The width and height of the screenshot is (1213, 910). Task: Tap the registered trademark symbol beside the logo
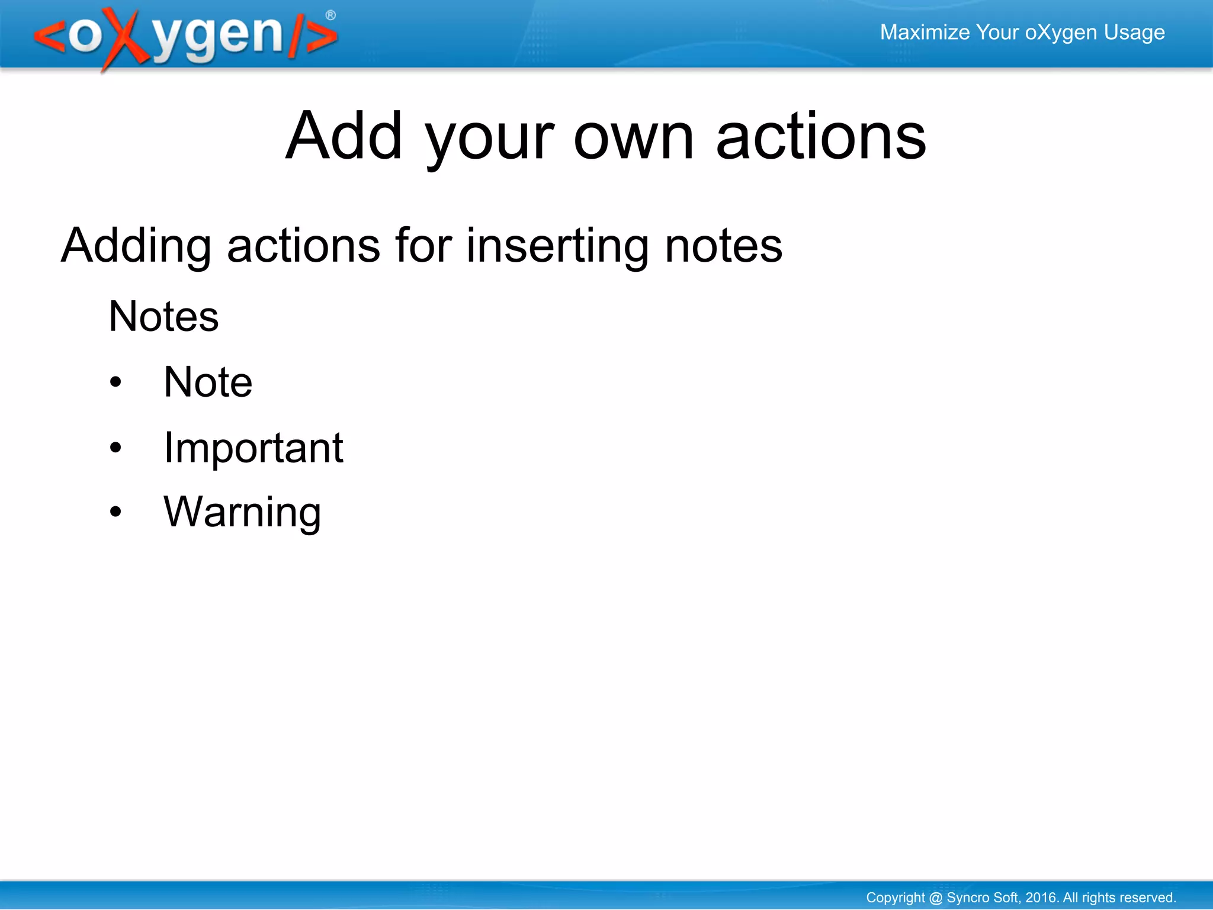[x=330, y=15]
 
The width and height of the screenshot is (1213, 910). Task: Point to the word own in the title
[x=633, y=137]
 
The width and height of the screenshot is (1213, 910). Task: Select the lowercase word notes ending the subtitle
[x=723, y=246]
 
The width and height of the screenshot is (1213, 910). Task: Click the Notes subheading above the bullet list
[x=163, y=316]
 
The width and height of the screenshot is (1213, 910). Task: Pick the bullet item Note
[x=208, y=382]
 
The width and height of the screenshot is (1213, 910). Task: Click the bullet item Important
[x=253, y=448]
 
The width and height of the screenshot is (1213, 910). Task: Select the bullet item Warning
[x=242, y=512]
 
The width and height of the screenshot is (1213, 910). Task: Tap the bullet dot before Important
[x=115, y=448]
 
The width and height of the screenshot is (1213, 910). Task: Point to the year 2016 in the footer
[x=1041, y=898]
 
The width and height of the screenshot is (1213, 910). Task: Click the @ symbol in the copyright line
[x=936, y=898]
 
